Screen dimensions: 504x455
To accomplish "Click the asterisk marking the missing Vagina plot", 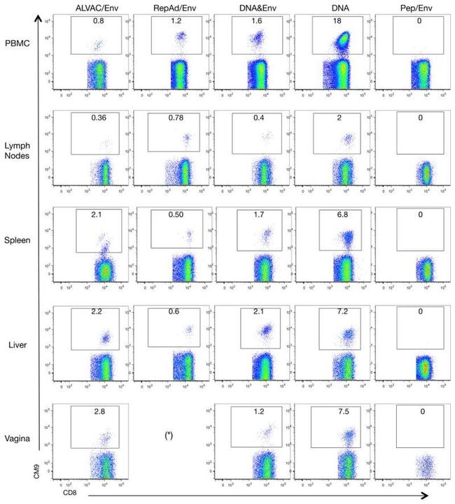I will pyautogui.click(x=169, y=435).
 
